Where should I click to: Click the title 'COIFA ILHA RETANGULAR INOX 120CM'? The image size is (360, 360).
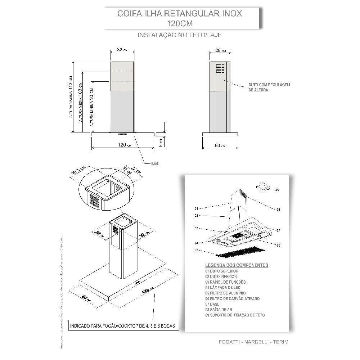tap(180, 18)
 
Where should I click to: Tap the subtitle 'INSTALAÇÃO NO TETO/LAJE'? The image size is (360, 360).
tap(180, 35)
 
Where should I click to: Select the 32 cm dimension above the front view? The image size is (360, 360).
tap(122, 50)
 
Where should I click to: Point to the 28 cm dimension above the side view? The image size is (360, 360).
tap(218, 51)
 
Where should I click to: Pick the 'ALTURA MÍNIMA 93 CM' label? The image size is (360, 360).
tap(93, 104)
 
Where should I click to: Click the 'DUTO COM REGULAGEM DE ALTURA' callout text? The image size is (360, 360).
tap(269, 87)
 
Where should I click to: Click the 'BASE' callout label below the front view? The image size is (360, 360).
tap(155, 164)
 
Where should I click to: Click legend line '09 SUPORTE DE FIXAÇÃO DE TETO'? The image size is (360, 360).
tap(235, 315)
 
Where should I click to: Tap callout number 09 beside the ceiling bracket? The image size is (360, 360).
tap(277, 189)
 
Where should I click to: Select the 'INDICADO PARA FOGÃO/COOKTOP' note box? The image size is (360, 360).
tap(122, 326)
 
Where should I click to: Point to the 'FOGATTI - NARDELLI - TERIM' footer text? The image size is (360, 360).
tap(253, 342)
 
